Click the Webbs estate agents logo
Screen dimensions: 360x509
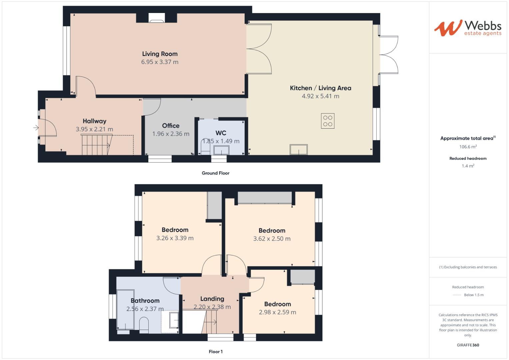click(468, 28)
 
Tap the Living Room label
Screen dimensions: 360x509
click(160, 54)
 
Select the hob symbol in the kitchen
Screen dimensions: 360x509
click(328, 121)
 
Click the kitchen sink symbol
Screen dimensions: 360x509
click(298, 149)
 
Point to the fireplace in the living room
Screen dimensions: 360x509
click(156, 19)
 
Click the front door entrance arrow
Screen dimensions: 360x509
click(36, 128)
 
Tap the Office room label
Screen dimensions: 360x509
click(171, 126)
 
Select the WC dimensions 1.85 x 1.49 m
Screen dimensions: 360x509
click(221, 141)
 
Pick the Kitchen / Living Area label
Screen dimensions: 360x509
click(320, 88)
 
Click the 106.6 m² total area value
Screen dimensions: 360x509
click(468, 147)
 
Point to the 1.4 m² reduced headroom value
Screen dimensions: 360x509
click(468, 166)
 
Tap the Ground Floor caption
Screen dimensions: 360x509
click(215, 173)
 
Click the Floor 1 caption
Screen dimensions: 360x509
click(215, 352)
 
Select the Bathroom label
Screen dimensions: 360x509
click(145, 301)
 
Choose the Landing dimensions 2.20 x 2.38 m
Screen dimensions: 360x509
click(212, 307)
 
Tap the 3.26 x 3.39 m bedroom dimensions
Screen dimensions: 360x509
click(175, 238)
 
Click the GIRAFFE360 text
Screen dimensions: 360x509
click(468, 345)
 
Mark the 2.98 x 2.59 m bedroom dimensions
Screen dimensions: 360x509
click(277, 312)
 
